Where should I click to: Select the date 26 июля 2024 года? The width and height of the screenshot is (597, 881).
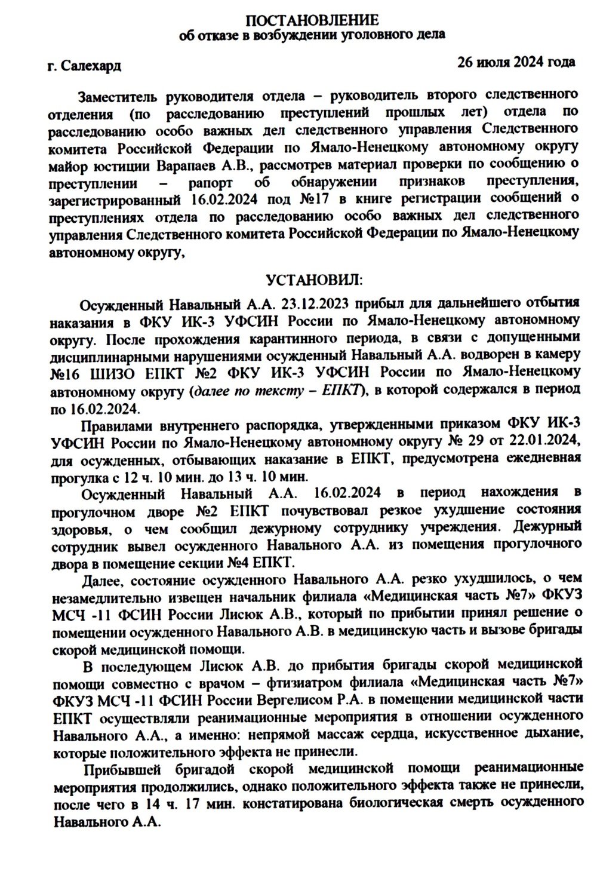[x=516, y=62]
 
